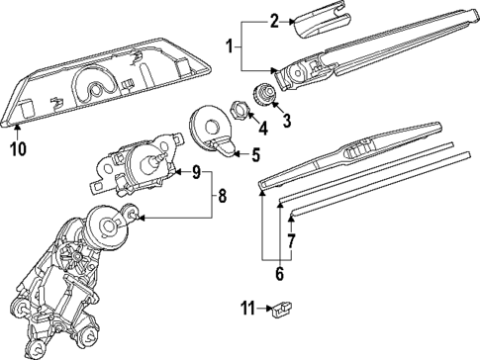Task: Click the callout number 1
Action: pos(230,46)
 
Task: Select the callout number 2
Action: pos(276,18)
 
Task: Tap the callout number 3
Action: pos(288,121)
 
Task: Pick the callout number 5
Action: pos(254,154)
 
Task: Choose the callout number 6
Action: pos(281,273)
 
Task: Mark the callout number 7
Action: pos(290,240)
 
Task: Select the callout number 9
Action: pos(196,173)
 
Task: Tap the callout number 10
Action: pos(16,150)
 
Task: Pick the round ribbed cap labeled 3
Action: pos(264,95)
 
